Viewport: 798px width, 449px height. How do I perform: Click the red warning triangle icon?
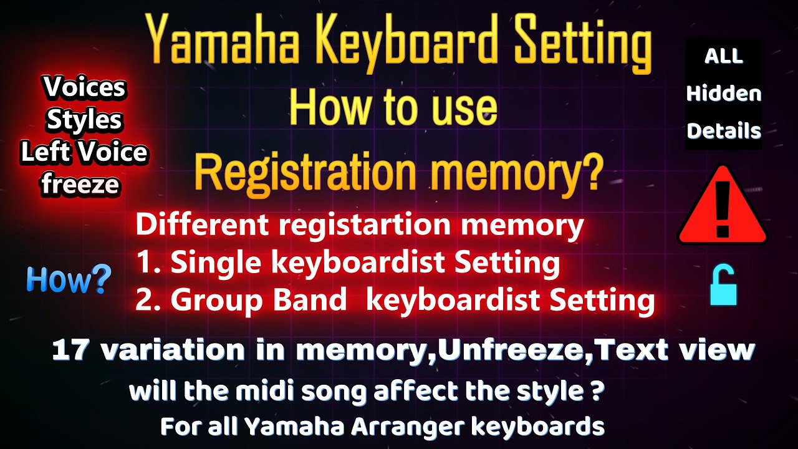click(722, 206)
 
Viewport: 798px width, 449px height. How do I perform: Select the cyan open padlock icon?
click(723, 285)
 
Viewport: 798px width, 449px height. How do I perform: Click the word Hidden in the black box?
click(724, 94)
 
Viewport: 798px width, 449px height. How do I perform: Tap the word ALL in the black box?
click(724, 56)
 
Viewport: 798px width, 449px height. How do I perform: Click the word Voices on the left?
click(84, 88)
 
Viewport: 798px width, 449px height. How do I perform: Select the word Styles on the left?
click(84, 120)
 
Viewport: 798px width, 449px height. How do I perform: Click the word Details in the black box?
click(724, 131)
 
